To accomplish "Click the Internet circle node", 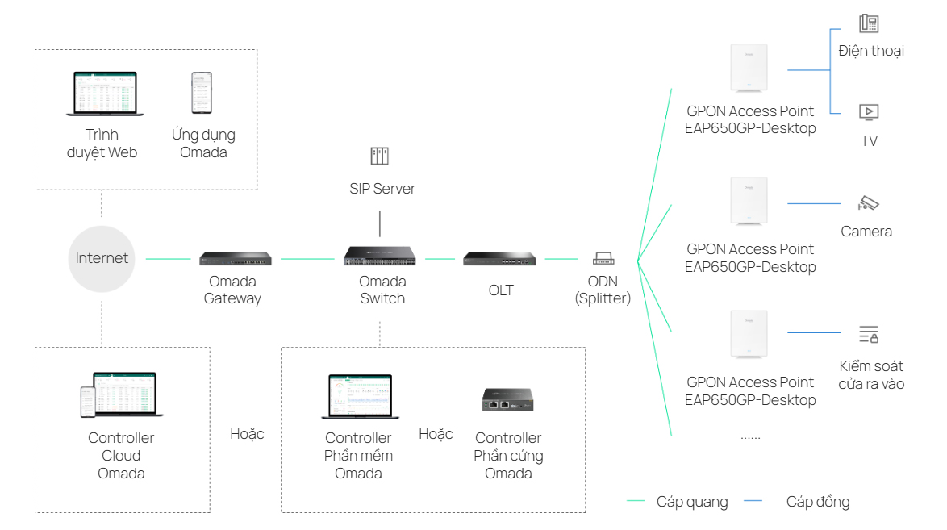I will coord(102,259).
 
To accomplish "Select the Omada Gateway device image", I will coord(235,259).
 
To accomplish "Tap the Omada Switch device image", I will coord(381,257).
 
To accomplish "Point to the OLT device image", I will coord(499,259).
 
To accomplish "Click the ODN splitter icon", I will coord(603,259).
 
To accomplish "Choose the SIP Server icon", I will coord(379,156).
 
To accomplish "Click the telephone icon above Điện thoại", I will coord(869,23).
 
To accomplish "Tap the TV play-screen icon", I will coord(869,112).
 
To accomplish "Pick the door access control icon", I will coord(869,334).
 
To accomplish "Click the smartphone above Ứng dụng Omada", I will coord(202,93).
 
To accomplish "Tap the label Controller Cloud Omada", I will coord(121,456).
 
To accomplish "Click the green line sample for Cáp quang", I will coord(636,502).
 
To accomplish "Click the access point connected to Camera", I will coord(748,202).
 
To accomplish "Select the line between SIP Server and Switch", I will coord(379,223).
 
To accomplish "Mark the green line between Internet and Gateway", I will coord(168,259).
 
